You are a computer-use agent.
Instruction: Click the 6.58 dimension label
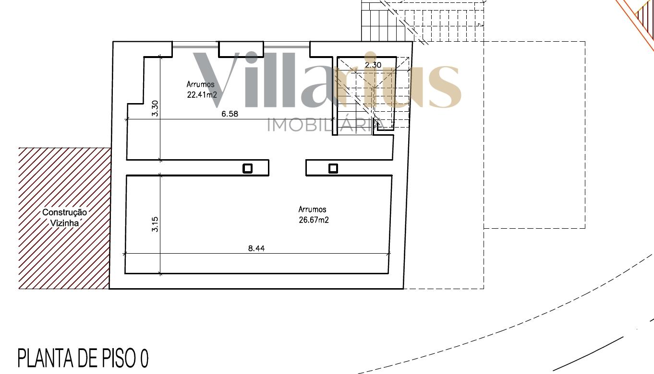[230, 114]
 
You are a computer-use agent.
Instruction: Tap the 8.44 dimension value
[256, 248]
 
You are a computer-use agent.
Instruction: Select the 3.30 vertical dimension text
[155, 108]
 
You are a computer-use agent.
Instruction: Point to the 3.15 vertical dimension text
[155, 224]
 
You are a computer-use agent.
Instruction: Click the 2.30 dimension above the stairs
[373, 65]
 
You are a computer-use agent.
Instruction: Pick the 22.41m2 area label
[202, 95]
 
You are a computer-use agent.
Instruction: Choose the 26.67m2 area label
[314, 220]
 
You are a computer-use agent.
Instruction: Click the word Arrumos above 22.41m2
[201, 84]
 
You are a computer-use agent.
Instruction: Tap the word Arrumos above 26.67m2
[313, 210]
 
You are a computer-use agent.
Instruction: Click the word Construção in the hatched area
[64, 212]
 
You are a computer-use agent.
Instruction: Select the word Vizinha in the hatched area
[65, 223]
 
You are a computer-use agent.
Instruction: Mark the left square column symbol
[248, 168]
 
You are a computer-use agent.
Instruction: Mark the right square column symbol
[333, 168]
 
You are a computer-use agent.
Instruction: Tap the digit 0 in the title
[144, 358]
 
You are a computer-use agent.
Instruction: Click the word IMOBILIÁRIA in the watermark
[326, 125]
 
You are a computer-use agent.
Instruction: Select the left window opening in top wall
[195, 45]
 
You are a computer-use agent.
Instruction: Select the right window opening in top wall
[287, 45]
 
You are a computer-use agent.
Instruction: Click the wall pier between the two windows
[241, 49]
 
